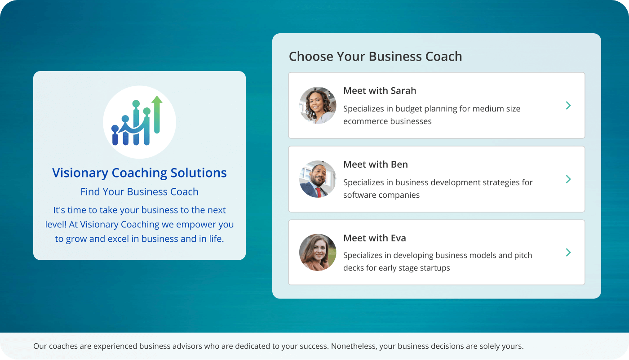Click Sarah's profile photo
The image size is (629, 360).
coord(318,106)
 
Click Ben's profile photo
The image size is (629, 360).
coord(318,179)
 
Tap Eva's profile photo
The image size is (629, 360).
coord(318,253)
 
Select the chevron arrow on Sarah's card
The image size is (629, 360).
coord(568,106)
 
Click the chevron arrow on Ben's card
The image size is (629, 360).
coord(568,179)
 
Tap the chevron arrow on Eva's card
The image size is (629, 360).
coord(568,253)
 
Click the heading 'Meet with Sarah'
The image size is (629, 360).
coord(380,91)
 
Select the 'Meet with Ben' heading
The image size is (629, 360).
coord(376,164)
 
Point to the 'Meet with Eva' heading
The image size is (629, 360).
coord(375,238)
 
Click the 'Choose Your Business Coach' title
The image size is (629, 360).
coord(375,57)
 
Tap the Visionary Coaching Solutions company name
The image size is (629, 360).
coord(139,173)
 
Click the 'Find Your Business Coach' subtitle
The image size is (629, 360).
coord(139,192)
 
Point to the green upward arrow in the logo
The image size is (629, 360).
coord(157,112)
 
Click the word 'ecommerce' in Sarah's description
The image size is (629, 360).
coord(362,121)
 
